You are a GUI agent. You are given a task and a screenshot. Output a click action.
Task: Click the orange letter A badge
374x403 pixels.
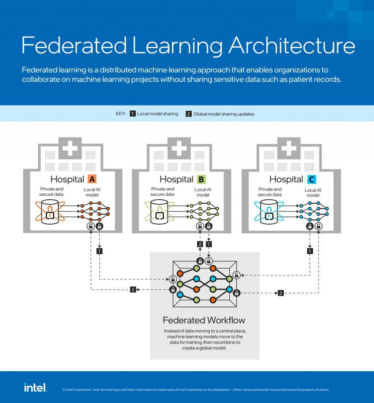(92, 179)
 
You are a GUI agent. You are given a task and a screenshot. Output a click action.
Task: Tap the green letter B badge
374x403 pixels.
(201, 179)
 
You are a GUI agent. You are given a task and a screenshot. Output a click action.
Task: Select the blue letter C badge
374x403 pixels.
(311, 179)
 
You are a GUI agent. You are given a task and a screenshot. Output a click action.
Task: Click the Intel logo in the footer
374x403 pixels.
(35, 387)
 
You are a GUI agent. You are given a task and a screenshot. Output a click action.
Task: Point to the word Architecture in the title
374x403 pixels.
(292, 45)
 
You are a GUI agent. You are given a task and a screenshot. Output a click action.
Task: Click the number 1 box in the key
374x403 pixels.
(133, 114)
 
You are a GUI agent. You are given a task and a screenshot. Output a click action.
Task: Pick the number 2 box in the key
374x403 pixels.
(188, 114)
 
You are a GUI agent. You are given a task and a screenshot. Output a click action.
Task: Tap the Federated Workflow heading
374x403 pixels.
(204, 320)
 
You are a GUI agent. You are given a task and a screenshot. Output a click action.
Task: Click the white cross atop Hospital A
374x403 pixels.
(70, 147)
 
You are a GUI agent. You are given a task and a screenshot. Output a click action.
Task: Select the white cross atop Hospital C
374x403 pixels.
(289, 147)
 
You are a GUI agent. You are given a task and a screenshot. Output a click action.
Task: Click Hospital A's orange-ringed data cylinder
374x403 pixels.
(50, 212)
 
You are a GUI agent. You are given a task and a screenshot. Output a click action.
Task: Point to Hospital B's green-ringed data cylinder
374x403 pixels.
(159, 212)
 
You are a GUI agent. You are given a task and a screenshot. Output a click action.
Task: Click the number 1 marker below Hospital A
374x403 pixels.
(99, 251)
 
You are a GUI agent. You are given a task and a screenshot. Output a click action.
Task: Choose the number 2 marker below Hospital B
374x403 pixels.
(200, 244)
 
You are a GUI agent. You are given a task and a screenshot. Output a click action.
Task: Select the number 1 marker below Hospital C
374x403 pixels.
(310, 251)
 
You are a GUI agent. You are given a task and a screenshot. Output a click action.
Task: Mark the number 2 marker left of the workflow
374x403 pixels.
(133, 290)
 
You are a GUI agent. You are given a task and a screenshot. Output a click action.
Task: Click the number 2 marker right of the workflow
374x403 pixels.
(280, 293)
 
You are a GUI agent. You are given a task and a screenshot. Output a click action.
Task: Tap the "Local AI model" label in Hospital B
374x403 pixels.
(203, 192)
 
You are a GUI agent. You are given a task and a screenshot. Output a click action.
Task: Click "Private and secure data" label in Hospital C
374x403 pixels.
(270, 192)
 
